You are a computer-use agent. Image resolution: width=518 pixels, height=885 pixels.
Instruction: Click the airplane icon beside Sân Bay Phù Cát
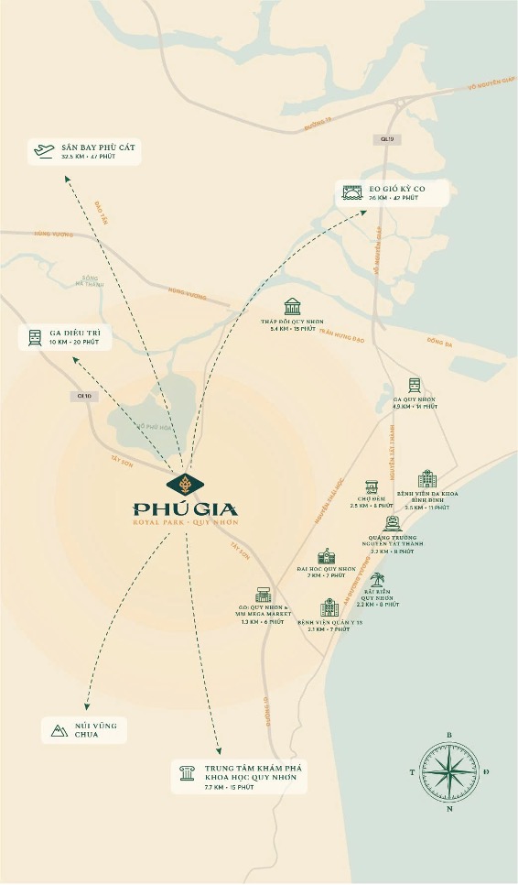click(x=43, y=152)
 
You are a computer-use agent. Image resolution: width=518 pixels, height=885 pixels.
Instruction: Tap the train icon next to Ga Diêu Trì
click(x=35, y=336)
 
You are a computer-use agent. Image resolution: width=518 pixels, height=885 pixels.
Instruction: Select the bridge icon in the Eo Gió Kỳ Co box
click(x=351, y=192)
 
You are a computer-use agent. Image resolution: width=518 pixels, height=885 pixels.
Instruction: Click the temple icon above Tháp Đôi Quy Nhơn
click(x=292, y=306)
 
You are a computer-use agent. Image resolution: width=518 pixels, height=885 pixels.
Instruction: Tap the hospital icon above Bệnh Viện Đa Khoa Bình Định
click(x=427, y=478)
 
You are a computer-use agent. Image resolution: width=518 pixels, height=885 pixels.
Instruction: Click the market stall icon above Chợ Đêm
click(x=372, y=486)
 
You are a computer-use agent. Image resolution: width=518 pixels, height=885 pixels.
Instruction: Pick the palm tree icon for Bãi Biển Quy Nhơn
click(x=377, y=580)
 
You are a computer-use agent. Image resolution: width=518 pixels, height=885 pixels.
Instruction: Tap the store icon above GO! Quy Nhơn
click(x=264, y=594)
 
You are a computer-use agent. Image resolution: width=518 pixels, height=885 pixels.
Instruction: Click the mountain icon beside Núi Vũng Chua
click(x=56, y=729)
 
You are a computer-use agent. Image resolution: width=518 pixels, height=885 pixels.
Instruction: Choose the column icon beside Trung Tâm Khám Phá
click(x=187, y=775)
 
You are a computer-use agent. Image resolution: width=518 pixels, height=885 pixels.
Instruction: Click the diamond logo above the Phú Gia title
click(x=186, y=483)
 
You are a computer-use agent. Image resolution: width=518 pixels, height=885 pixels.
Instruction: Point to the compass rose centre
click(x=448, y=771)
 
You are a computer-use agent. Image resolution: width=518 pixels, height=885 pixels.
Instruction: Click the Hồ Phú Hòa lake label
click(x=154, y=426)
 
